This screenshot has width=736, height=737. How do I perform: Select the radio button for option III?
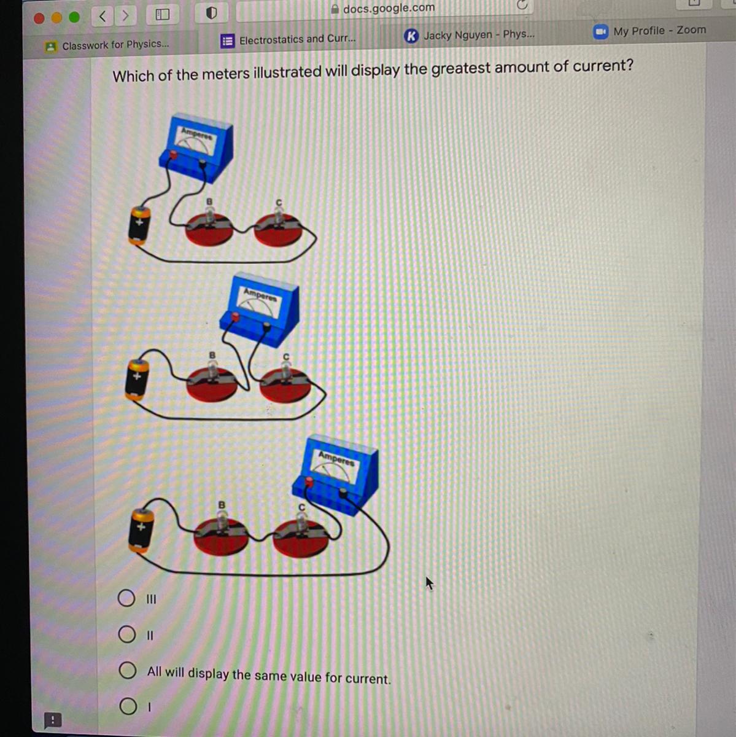126,598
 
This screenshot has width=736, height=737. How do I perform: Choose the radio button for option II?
126,634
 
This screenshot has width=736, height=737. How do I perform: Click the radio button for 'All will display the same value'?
127,670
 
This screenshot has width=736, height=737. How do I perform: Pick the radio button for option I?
128,706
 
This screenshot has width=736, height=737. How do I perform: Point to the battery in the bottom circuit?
141,530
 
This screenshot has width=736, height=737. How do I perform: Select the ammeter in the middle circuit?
260,309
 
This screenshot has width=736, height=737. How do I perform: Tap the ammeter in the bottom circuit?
335,475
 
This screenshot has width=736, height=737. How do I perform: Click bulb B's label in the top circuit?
209,201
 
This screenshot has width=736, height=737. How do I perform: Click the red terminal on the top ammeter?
173,155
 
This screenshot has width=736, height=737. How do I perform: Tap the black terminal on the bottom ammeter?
343,493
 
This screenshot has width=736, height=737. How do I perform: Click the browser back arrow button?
103,17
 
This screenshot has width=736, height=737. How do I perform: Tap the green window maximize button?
74,17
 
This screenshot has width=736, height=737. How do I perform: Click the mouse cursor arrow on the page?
429,583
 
